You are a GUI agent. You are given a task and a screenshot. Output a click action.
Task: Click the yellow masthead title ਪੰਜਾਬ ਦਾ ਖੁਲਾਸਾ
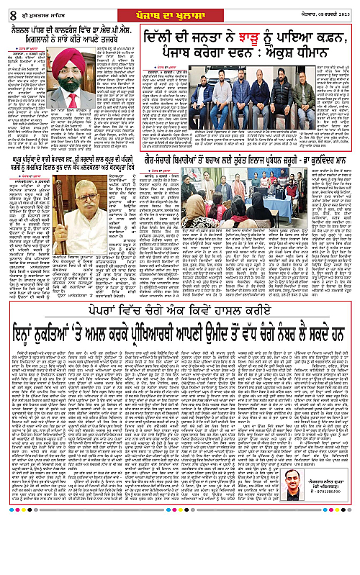tap(179, 9)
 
